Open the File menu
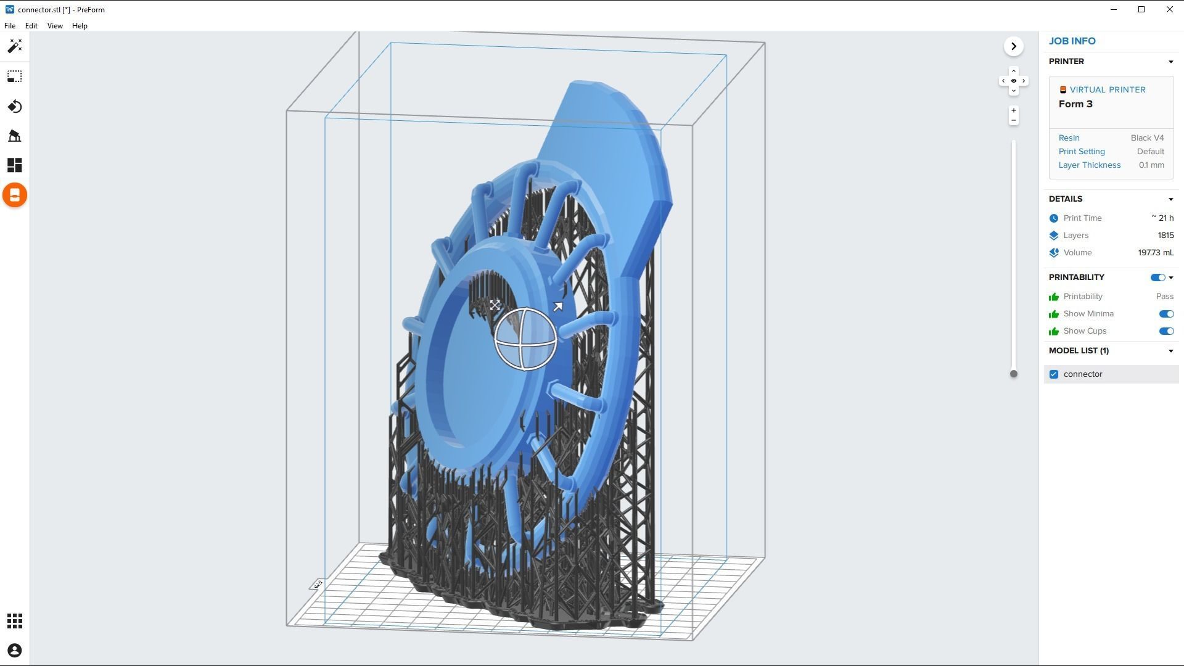click(10, 26)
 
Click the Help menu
click(80, 26)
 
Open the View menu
click(55, 26)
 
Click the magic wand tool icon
click(15, 46)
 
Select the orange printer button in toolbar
click(15, 195)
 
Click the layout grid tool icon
click(15, 165)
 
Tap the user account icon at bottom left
click(15, 651)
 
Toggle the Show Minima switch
click(1165, 314)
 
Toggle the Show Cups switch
click(1165, 331)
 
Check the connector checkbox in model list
click(1054, 374)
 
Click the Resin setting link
click(1069, 138)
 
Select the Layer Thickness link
click(1089, 165)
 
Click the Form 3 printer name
click(1075, 104)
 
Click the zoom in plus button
click(1013, 111)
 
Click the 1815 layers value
click(1165, 236)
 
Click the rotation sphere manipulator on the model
click(525, 339)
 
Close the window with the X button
click(1169, 9)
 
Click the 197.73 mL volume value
click(1155, 253)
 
